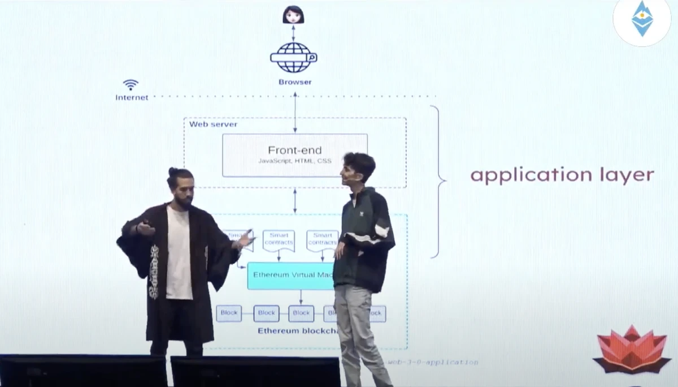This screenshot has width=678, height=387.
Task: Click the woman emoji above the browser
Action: click(293, 14)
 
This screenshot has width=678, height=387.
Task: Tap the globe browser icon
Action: click(293, 57)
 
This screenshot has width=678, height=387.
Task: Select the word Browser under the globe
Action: click(295, 82)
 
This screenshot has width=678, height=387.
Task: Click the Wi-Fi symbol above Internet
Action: click(131, 85)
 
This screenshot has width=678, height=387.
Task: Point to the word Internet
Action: click(132, 97)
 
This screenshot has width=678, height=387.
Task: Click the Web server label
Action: click(213, 124)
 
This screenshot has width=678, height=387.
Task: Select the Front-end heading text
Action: click(294, 150)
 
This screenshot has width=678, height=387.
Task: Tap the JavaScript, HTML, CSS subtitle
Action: click(295, 161)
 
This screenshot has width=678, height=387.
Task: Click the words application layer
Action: click(562, 175)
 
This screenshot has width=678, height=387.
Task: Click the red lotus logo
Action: click(632, 350)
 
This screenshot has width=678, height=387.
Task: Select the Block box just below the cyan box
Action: click(301, 313)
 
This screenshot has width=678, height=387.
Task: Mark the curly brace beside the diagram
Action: click(438, 181)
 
